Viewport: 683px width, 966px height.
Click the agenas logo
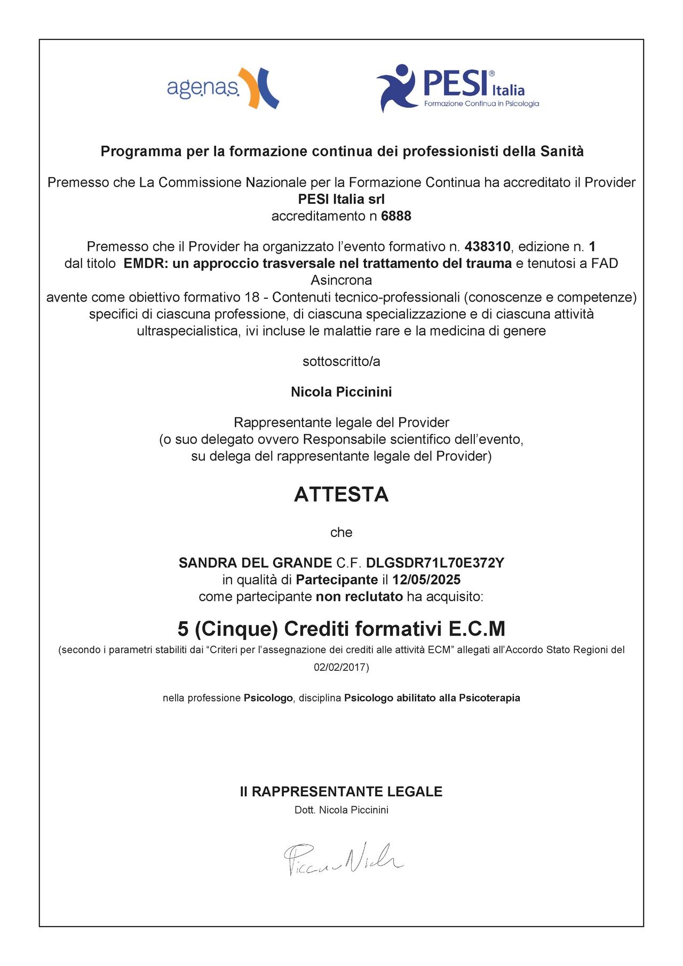point(223,88)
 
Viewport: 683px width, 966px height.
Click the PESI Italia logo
point(457,88)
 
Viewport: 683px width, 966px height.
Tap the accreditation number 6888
point(396,216)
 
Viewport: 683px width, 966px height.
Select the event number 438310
point(488,247)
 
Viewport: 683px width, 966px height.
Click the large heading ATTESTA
point(341,495)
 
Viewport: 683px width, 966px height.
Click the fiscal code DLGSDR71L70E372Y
point(435,563)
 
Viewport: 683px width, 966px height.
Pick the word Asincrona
point(341,280)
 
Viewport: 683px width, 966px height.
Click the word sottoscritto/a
point(341,362)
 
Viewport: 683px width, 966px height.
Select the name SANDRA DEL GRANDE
point(255,563)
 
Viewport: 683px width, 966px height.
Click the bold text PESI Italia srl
point(341,200)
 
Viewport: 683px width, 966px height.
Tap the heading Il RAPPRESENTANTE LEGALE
point(341,791)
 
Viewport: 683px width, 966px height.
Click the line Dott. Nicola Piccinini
point(341,810)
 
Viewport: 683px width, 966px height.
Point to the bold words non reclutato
point(359,597)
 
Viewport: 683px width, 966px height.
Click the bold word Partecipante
point(337,580)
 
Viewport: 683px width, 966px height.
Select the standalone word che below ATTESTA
point(341,533)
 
